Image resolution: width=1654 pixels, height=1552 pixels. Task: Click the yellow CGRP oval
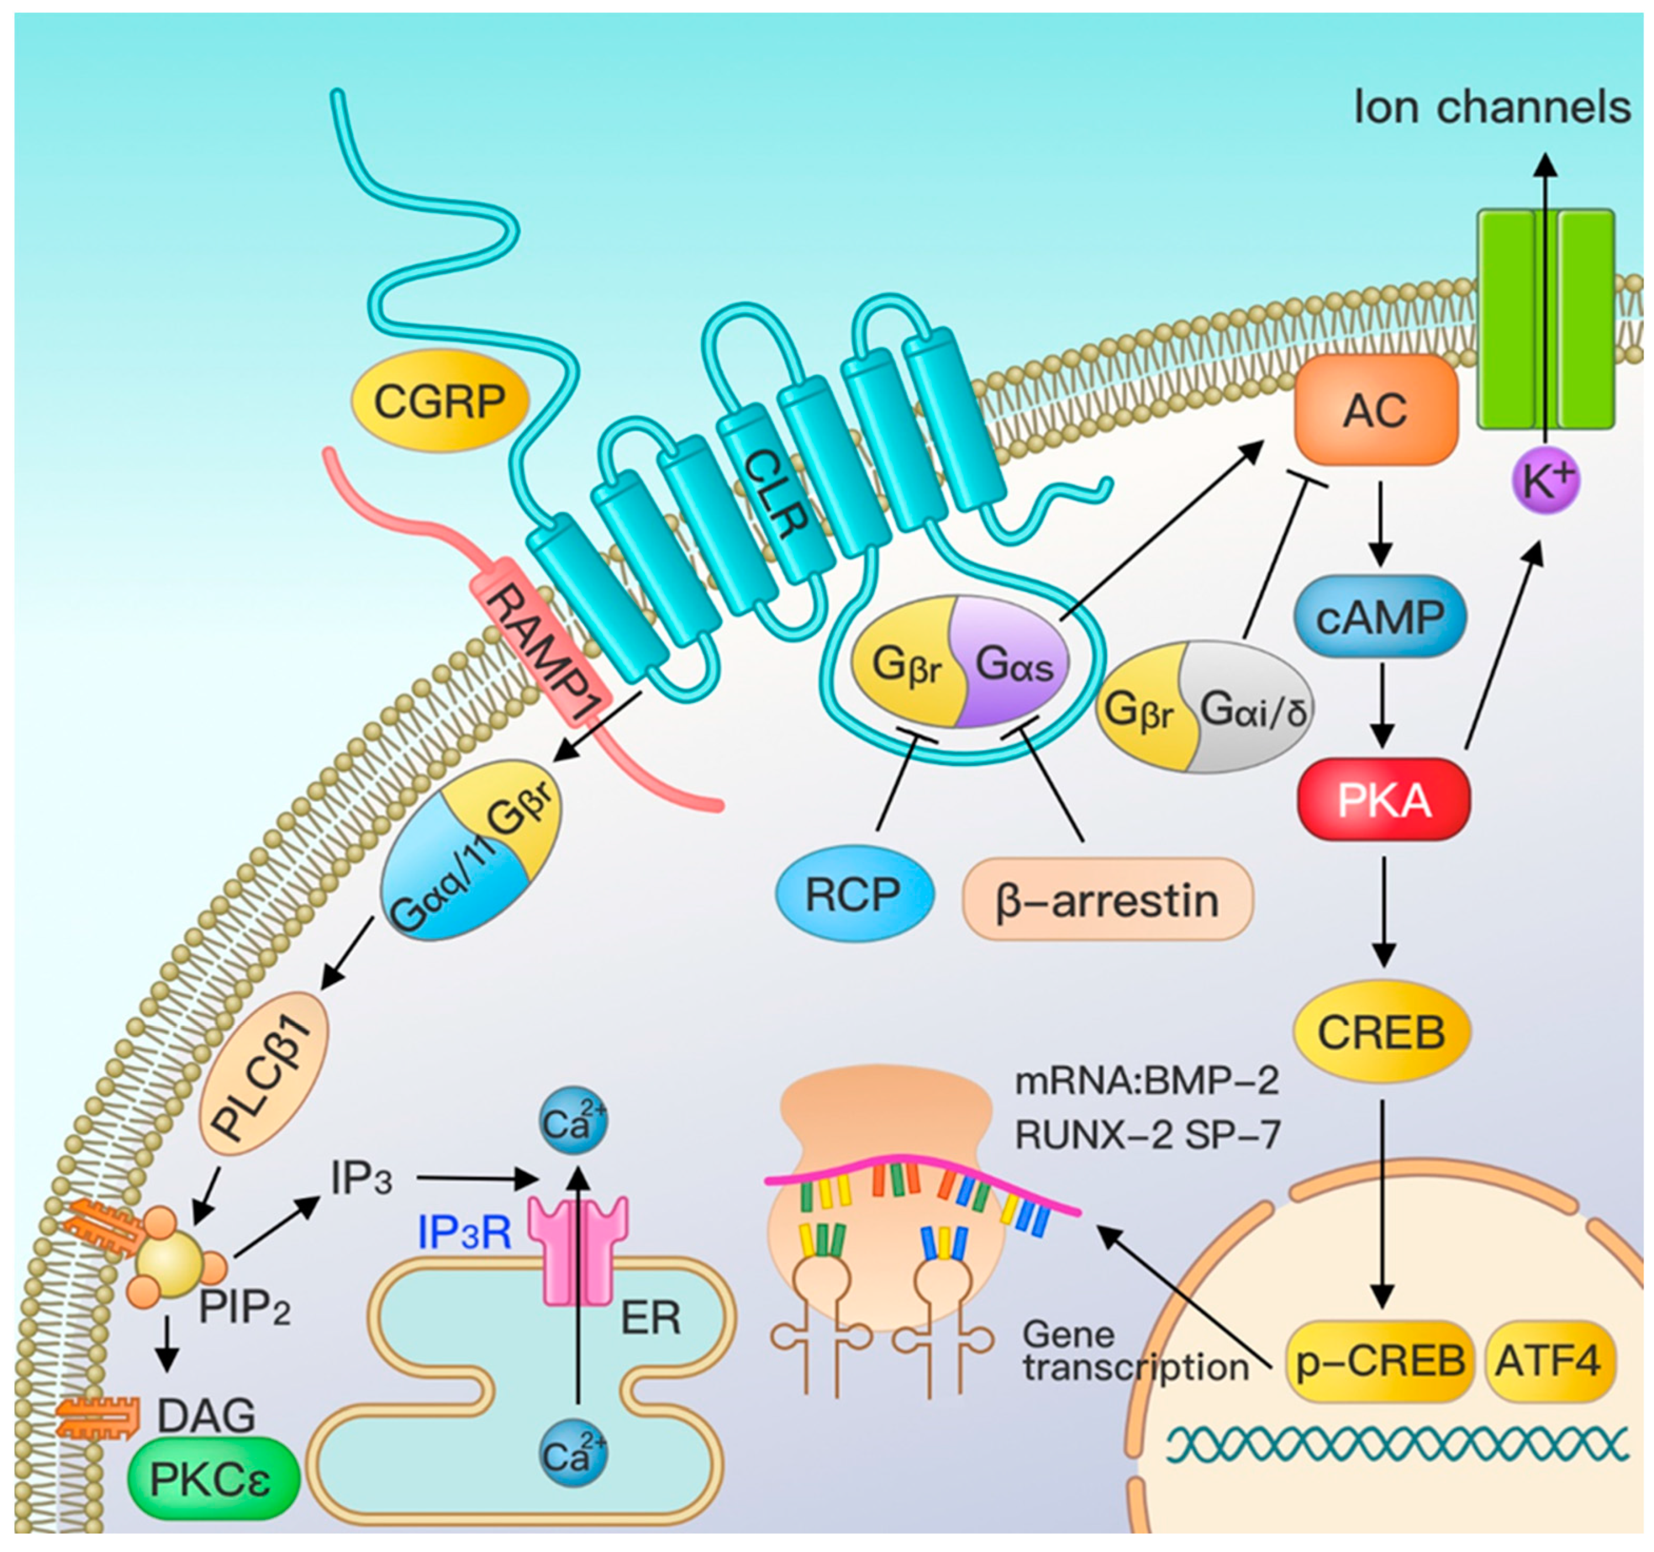point(440,402)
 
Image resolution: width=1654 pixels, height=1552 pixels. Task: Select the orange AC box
point(1375,409)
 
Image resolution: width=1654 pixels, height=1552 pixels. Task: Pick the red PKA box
point(1383,799)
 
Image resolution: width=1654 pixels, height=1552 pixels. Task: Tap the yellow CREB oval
point(1381,1032)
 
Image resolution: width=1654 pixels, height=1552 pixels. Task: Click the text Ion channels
point(1492,108)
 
